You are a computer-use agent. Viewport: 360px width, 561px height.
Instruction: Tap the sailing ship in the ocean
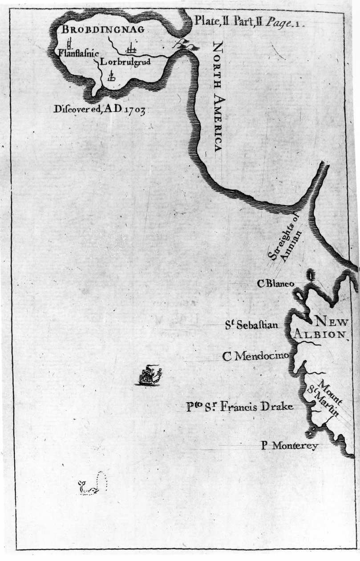coord(148,375)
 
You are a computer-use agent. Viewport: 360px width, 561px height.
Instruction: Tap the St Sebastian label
coord(251,325)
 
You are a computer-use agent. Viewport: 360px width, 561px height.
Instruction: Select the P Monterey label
coord(289,445)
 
